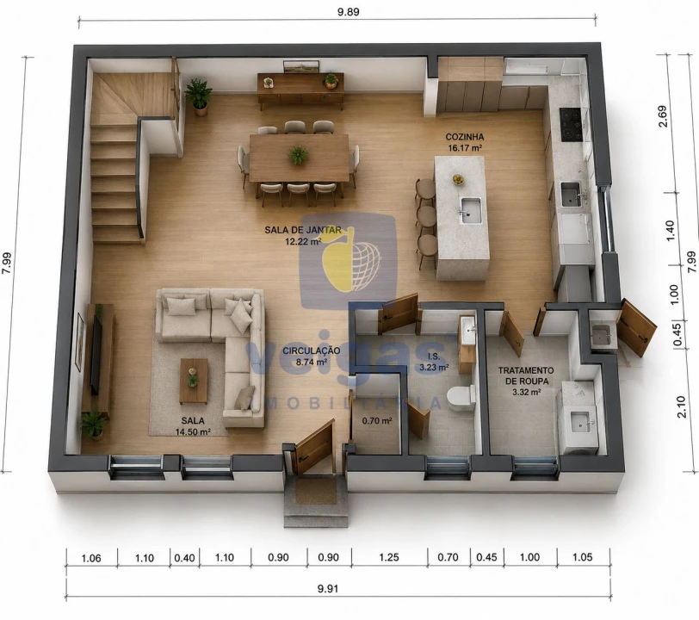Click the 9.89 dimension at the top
[348, 11]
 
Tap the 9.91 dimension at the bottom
[328, 588]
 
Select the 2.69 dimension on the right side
[663, 116]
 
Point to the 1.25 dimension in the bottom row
[389, 557]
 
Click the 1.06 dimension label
[91, 558]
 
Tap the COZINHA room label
[465, 137]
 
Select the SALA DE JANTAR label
[303, 230]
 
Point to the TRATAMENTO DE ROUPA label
[526, 375]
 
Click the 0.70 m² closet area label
[377, 420]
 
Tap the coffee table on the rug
[194, 381]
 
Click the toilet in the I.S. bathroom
[461, 398]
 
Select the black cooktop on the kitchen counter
[572, 125]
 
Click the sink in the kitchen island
[470, 210]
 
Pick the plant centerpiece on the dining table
[298, 156]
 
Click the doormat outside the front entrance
[316, 491]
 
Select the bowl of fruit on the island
[458, 179]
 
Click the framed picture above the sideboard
[302, 66]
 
